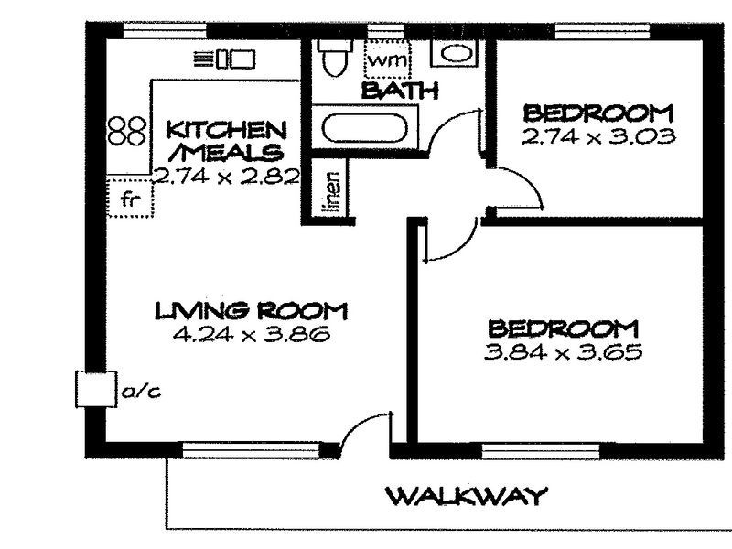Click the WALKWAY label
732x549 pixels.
point(468,496)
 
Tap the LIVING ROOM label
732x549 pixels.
point(251,311)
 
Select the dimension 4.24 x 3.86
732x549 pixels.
point(251,334)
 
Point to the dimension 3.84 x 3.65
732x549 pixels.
point(563,351)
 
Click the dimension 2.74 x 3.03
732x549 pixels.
point(598,136)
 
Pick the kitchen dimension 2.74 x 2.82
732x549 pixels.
point(226,177)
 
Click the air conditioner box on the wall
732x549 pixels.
point(96,389)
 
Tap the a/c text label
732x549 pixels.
point(141,393)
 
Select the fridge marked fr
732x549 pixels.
point(130,198)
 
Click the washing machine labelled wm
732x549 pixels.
point(387,59)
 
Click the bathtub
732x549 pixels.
point(364,128)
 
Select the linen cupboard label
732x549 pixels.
point(332,192)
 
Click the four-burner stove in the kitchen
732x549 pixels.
point(126,131)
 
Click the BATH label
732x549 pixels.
point(400,91)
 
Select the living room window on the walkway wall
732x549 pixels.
point(251,450)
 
